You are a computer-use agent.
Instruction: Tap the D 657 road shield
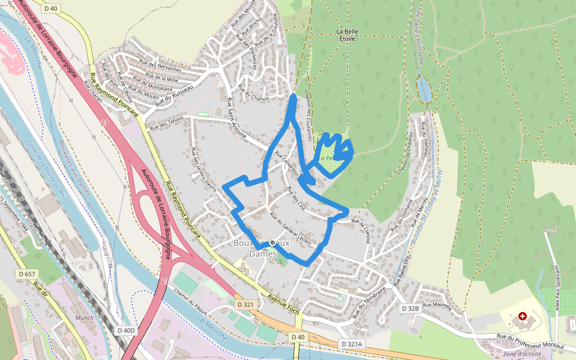point(27,274)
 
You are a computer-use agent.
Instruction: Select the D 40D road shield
point(127,330)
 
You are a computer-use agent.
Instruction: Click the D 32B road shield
point(410,308)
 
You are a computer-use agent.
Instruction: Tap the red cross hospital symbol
point(523,316)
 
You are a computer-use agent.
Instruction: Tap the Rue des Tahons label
point(167,122)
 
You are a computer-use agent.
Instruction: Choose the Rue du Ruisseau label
point(175,96)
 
